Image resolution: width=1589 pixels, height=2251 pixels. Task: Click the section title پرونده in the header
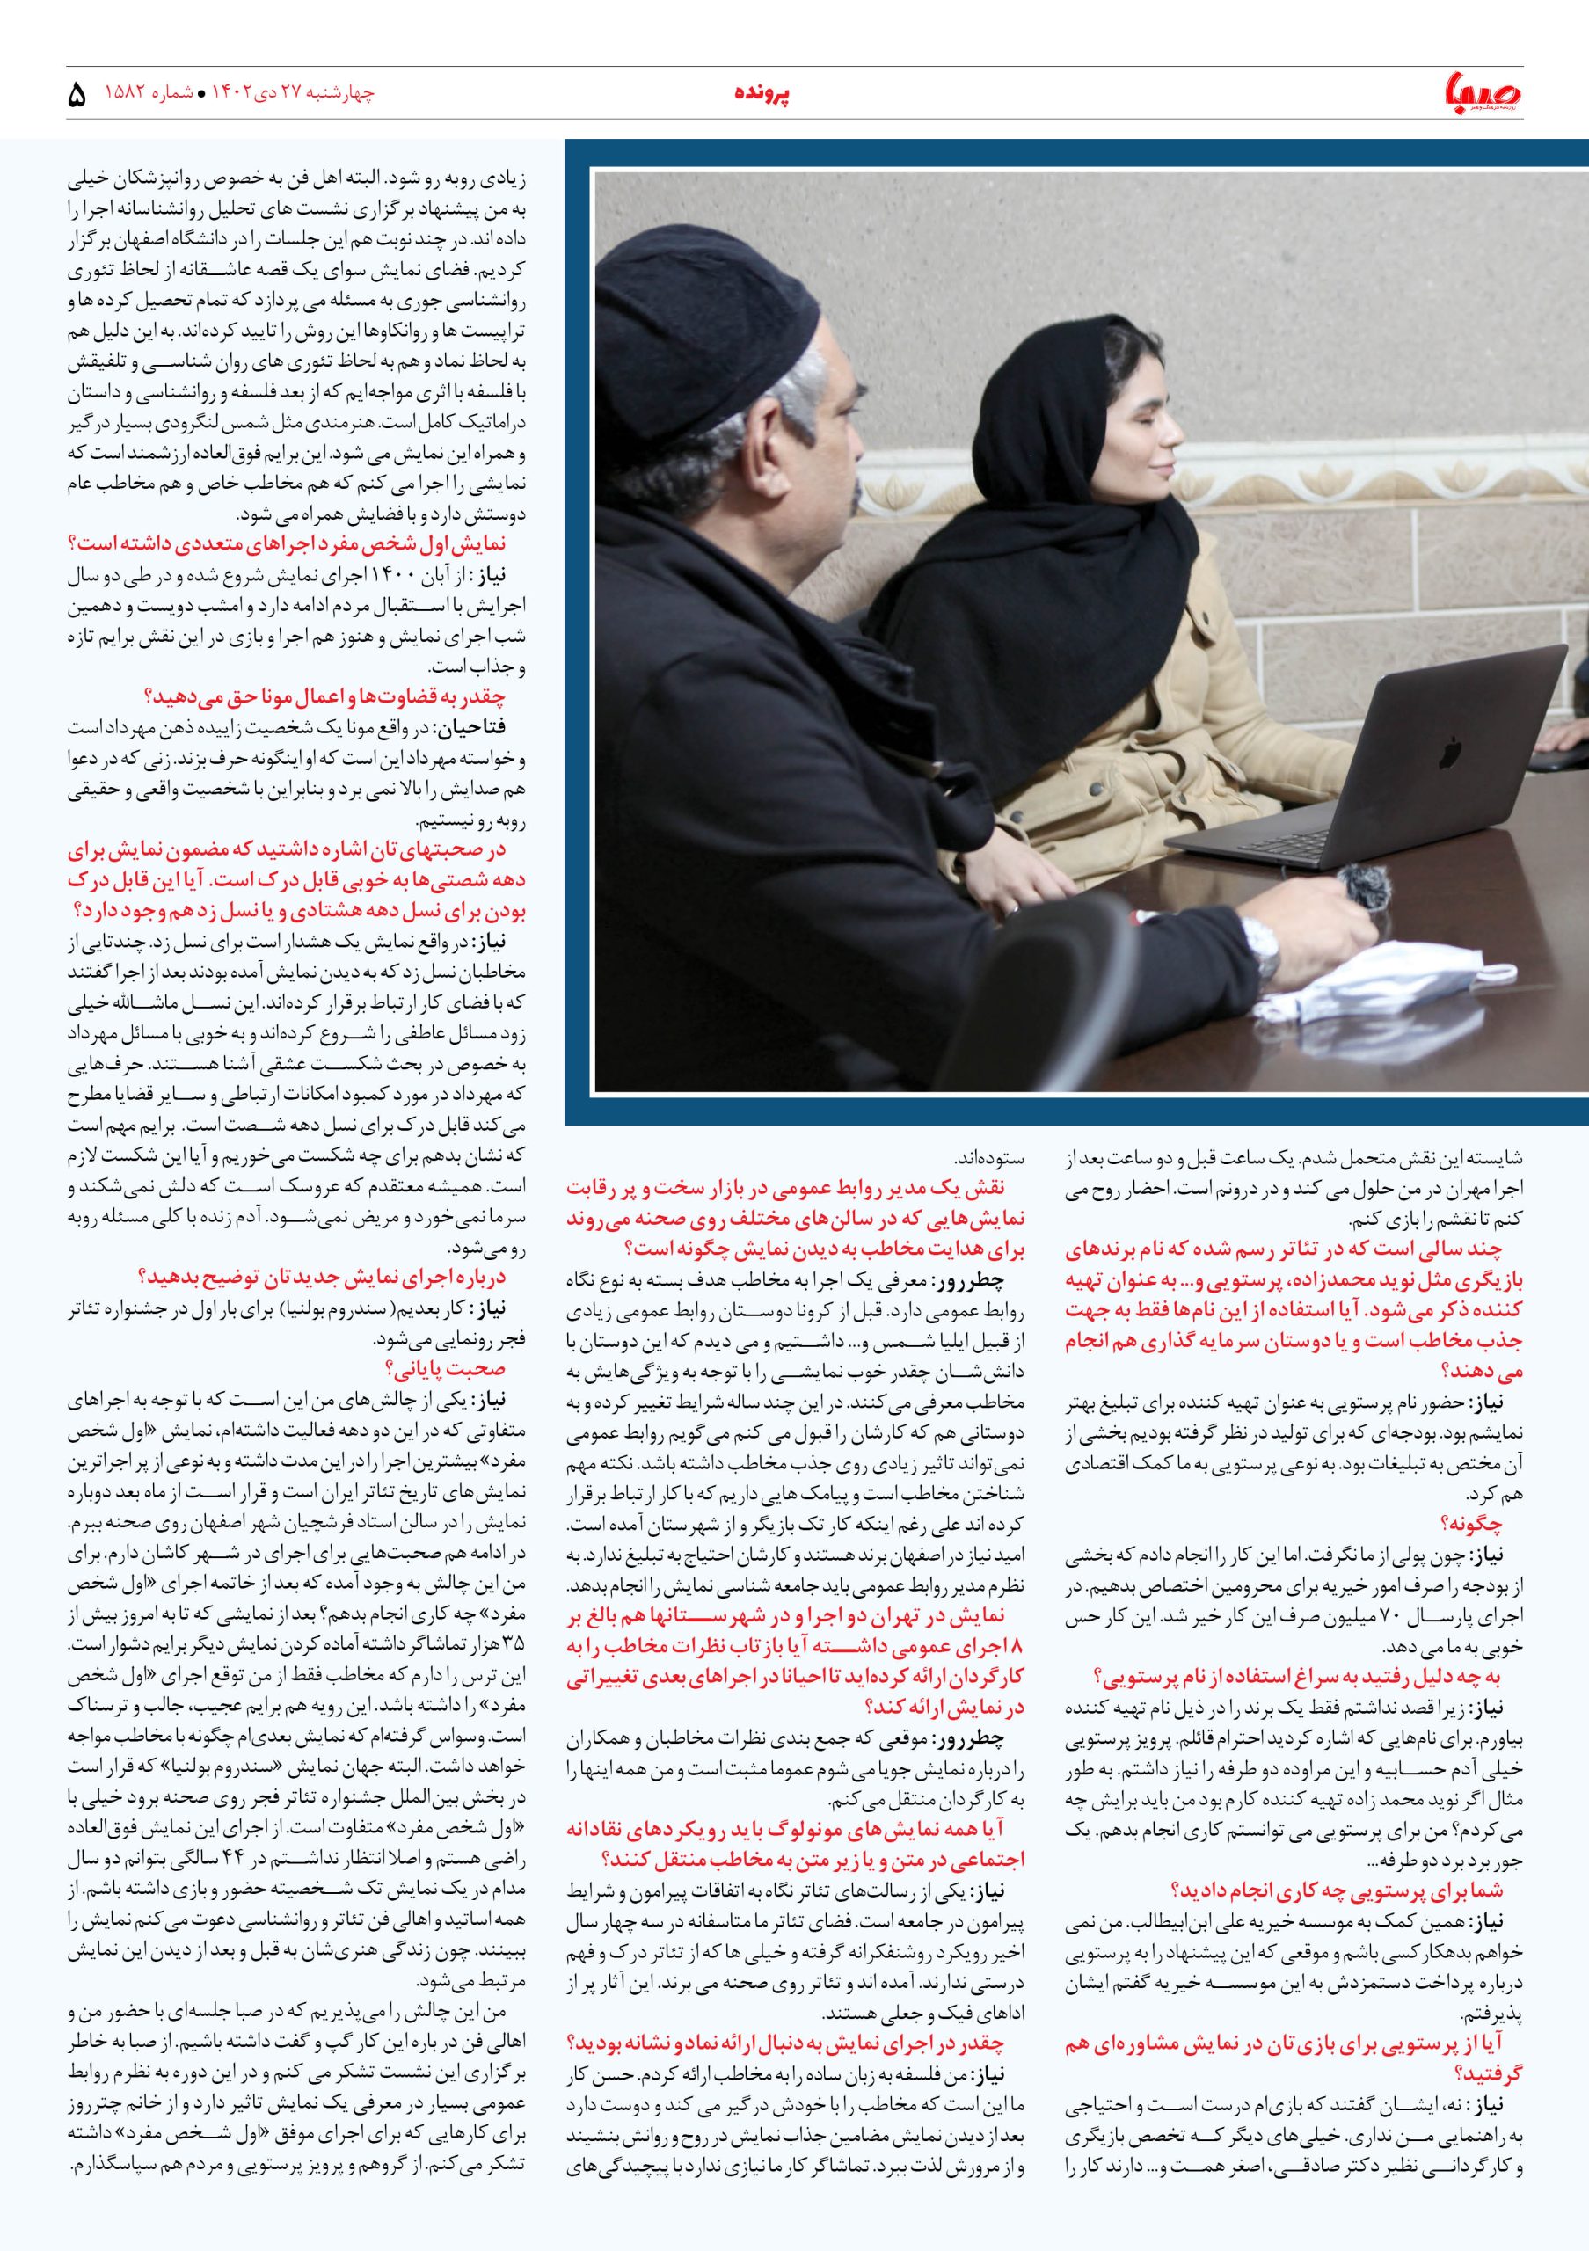point(762,94)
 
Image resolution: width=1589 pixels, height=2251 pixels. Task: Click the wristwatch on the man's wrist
point(1266,951)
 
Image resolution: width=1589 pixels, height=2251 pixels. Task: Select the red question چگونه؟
point(1470,1524)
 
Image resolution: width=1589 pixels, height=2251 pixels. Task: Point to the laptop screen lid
point(1411,745)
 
